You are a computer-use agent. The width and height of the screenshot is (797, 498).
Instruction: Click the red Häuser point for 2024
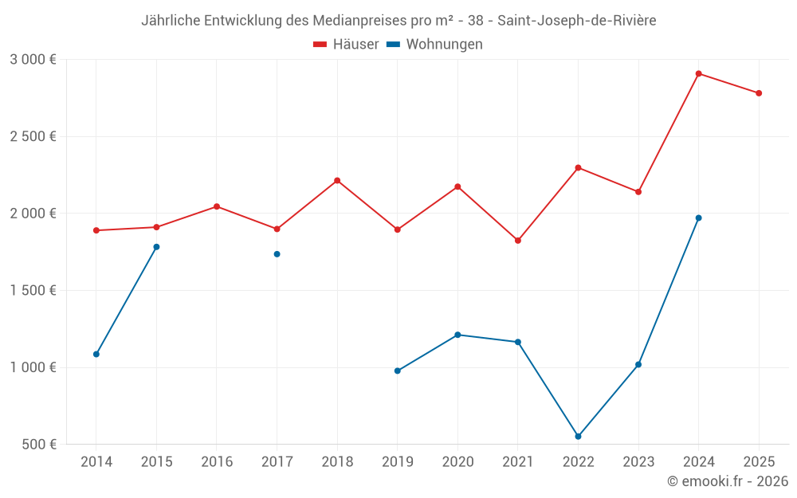coord(698,73)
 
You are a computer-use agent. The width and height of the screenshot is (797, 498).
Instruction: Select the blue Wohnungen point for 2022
coord(578,437)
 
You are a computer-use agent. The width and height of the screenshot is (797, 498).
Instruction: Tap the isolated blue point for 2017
coord(277,254)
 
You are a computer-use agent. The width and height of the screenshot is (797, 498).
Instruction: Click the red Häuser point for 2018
coord(337,180)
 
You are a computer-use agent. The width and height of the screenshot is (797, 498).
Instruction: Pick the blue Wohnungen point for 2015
coord(156,247)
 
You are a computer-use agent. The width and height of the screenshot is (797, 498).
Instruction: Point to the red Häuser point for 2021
coord(518,241)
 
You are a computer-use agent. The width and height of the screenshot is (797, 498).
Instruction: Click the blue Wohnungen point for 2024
coord(698,218)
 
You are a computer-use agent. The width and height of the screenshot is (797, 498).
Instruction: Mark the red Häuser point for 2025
coord(759,93)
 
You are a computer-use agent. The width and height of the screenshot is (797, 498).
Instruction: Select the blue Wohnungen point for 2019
coord(398,371)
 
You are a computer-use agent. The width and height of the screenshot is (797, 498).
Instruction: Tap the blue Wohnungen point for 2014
coord(96,354)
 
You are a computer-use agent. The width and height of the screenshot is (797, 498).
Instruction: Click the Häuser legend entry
coord(346,45)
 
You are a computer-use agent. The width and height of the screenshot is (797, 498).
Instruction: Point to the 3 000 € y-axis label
coord(33,59)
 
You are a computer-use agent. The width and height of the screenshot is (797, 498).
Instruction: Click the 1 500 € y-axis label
coord(33,290)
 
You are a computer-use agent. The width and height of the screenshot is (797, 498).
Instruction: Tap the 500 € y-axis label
coord(37,445)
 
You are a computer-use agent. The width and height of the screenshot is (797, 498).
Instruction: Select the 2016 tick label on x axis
coord(217,461)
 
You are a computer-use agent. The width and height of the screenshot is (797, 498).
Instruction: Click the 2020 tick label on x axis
coord(457,461)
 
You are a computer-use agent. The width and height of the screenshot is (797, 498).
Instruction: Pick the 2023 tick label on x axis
coord(638,461)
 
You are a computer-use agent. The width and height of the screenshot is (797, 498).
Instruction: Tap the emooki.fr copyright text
coord(728,481)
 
